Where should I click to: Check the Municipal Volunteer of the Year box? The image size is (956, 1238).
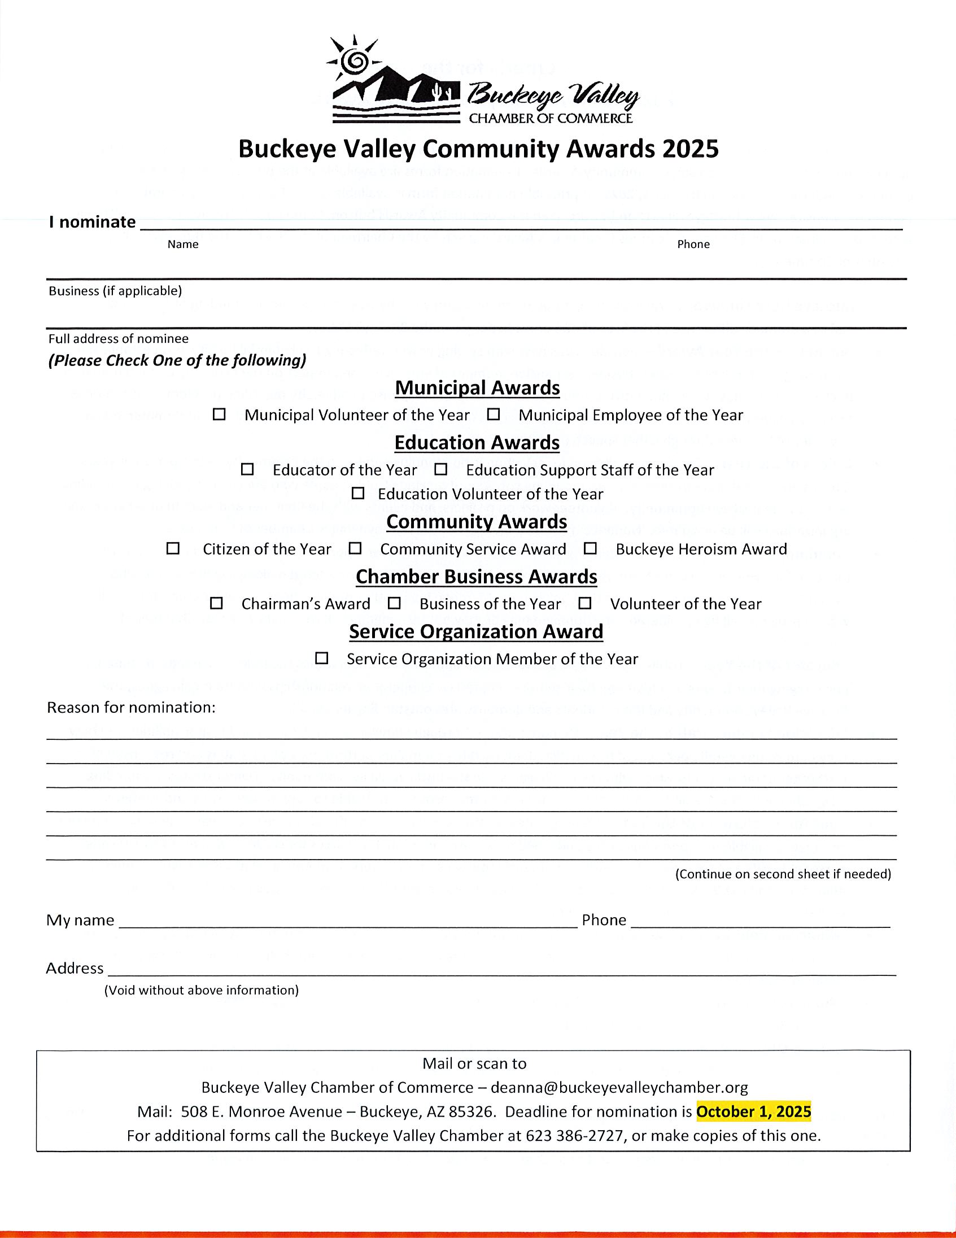point(219,415)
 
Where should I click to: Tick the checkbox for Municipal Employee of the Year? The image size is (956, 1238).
point(494,415)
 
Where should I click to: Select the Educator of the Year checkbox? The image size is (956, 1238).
point(247,469)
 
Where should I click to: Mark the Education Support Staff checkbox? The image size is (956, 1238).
point(441,469)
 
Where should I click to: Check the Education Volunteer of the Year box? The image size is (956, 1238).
point(357,493)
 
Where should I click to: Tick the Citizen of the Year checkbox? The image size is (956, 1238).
point(173,548)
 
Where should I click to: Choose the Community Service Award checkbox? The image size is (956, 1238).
point(355,548)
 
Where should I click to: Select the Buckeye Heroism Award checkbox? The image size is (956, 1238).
point(591,548)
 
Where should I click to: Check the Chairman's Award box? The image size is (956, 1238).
point(216,603)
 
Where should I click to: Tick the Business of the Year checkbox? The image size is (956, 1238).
point(394,603)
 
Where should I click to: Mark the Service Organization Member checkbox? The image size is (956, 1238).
point(322,658)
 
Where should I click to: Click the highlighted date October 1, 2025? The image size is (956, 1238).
point(754,1111)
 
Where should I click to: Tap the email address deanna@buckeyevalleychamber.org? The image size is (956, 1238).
point(619,1087)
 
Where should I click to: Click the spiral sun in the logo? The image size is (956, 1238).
point(355,59)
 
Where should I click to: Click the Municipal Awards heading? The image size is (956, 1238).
point(477,389)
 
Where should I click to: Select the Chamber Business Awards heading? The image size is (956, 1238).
point(477,577)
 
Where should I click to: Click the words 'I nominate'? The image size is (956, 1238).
point(93,221)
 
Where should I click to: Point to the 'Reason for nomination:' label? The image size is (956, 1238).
point(131,708)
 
